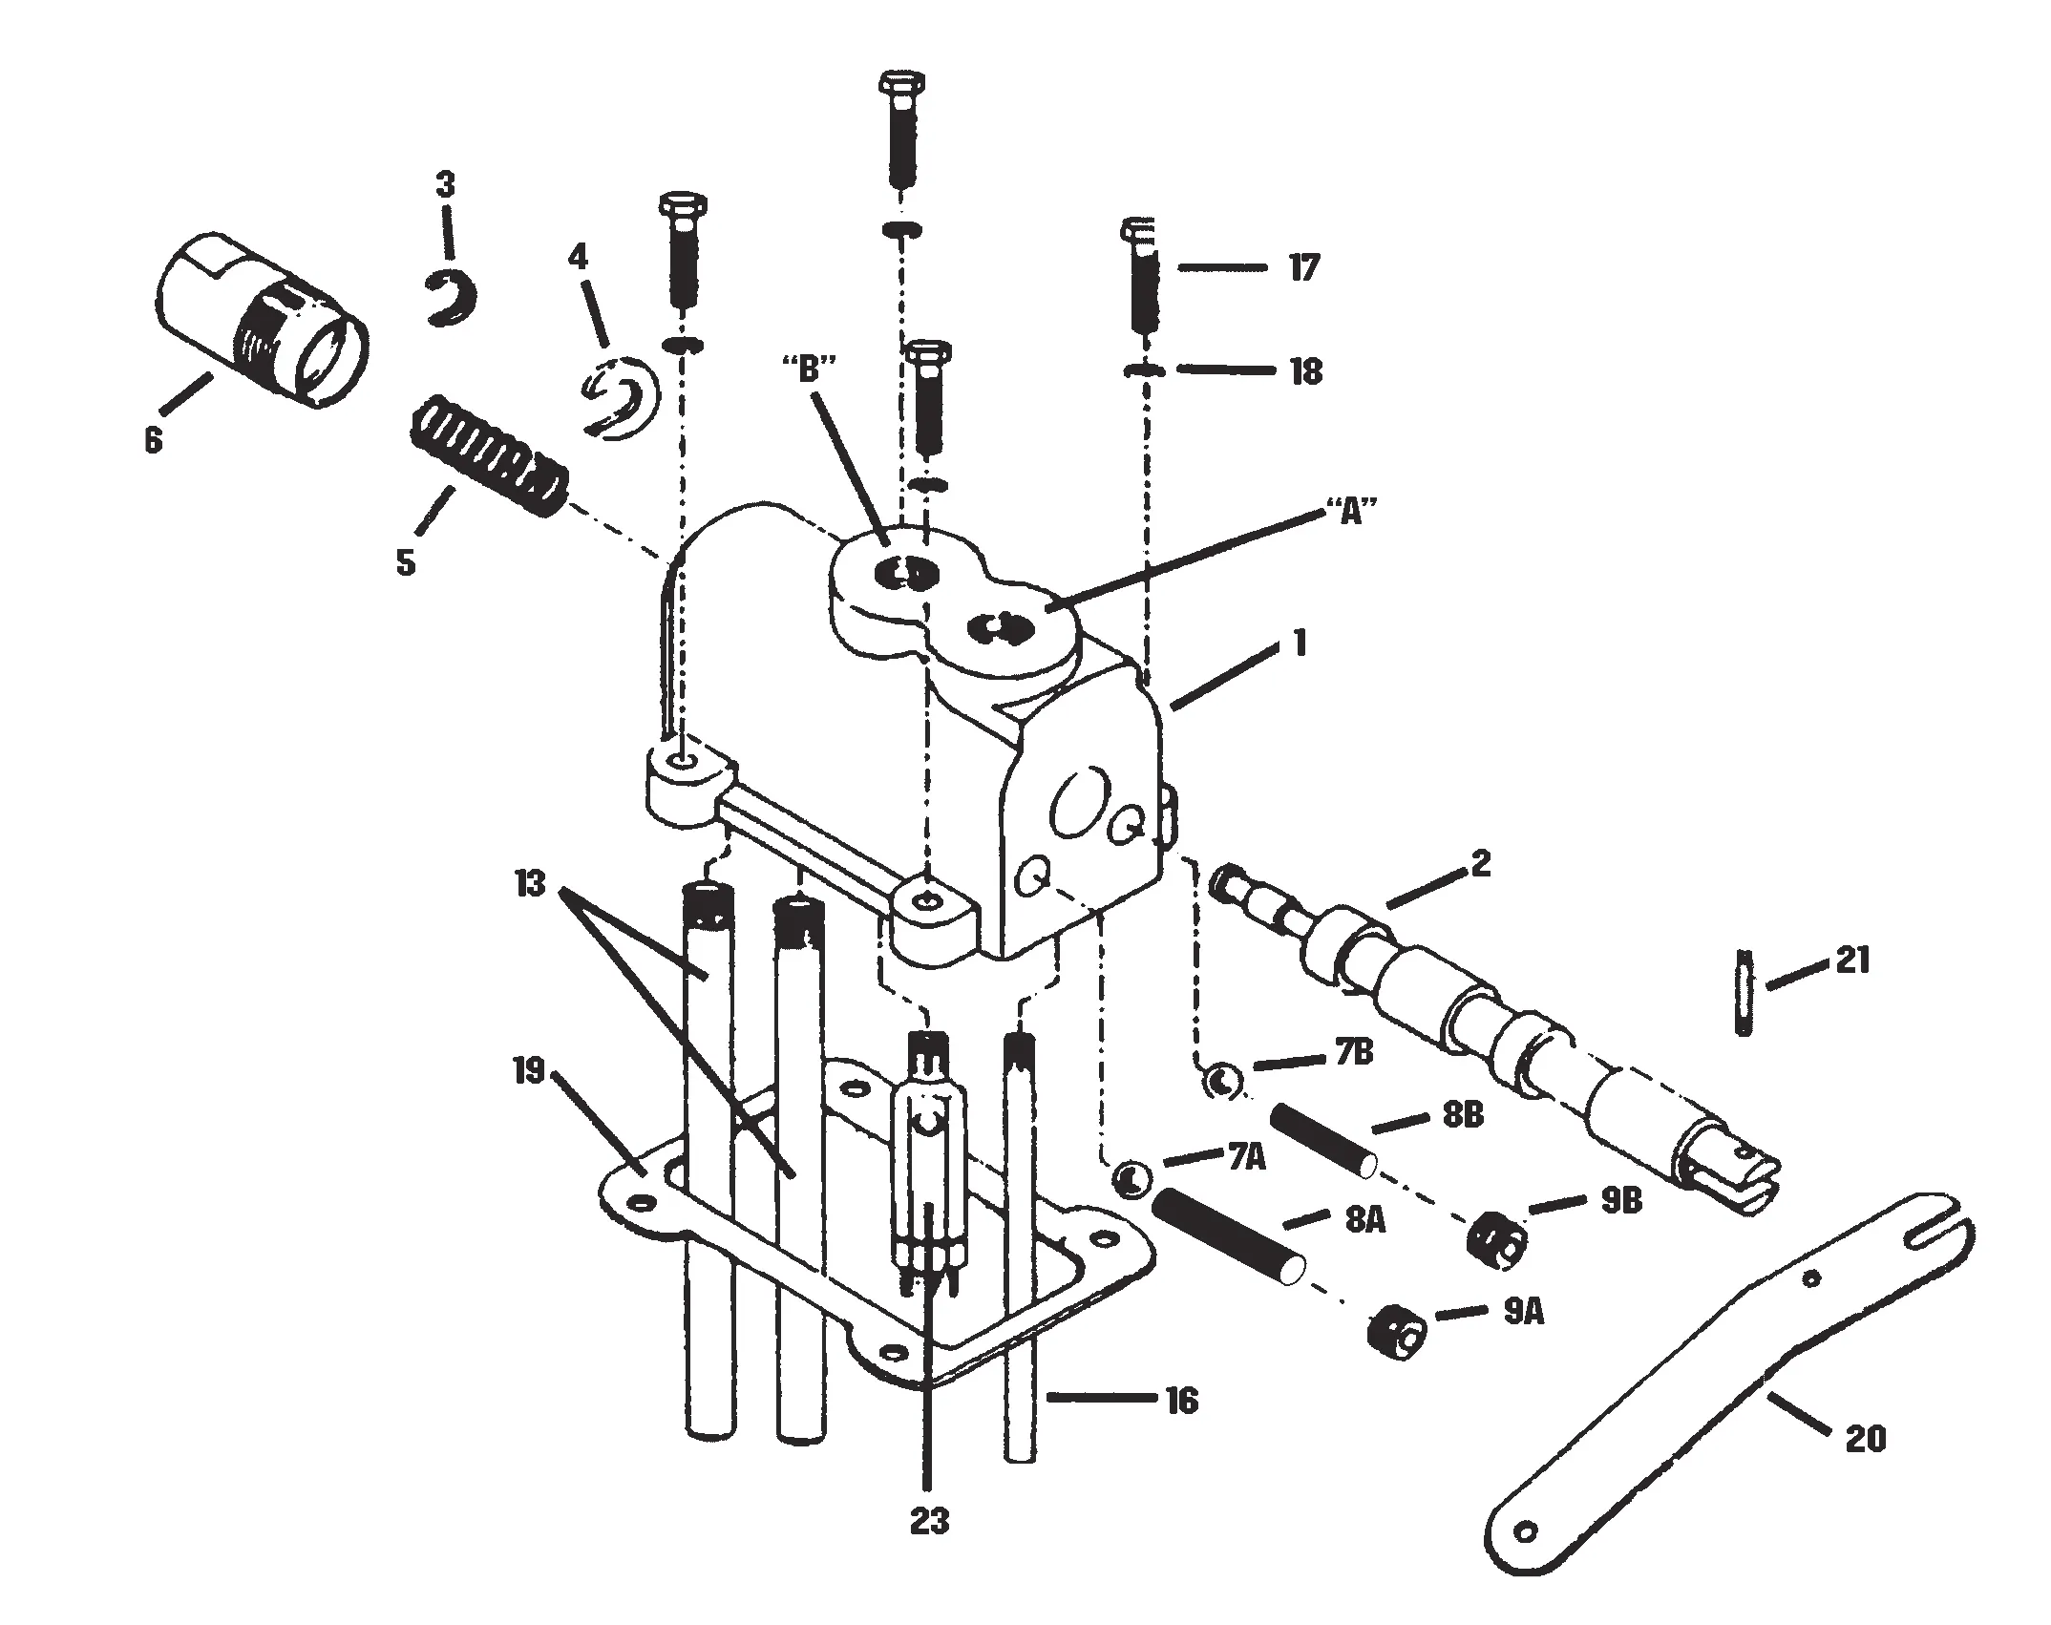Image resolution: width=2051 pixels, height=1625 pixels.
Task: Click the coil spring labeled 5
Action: click(x=487, y=456)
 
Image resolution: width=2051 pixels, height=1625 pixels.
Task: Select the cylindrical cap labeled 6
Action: click(x=260, y=322)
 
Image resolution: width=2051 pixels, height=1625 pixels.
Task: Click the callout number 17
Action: click(x=1302, y=268)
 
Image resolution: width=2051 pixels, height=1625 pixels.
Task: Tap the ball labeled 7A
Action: click(x=1131, y=1178)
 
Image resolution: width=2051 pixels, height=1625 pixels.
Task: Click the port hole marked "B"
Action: click(x=902, y=575)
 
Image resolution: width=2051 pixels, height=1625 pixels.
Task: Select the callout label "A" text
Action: click(x=1350, y=514)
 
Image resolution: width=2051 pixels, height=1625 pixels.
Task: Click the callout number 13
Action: click(x=530, y=885)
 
